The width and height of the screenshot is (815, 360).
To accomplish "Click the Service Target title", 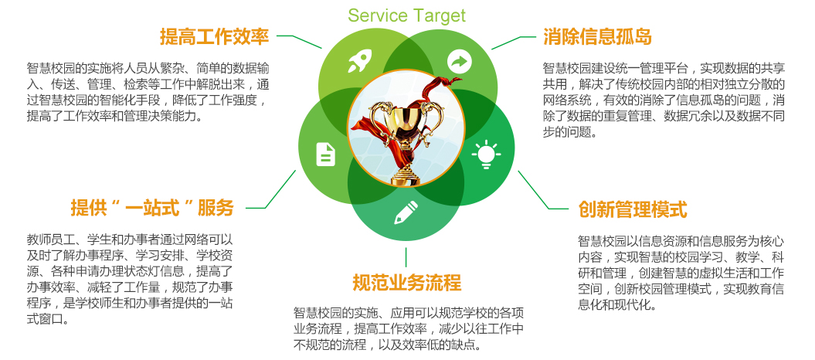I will click(406, 15).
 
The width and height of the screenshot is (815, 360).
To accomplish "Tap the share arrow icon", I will click(460, 61).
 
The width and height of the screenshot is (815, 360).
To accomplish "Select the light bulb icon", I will click(486, 154).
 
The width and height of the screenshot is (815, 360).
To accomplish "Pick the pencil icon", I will click(406, 211).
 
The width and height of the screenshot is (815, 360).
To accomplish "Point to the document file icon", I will click(326, 154).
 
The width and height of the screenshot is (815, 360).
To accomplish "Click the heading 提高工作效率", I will click(214, 36).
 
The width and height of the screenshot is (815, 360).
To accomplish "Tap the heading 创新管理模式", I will click(633, 209).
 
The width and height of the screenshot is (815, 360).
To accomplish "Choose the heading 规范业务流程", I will click(406, 281).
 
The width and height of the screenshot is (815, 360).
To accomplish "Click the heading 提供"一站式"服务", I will click(152, 208).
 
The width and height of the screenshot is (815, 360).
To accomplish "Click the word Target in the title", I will click(437, 15).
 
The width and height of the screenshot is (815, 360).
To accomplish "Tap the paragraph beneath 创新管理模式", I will click(681, 273).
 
